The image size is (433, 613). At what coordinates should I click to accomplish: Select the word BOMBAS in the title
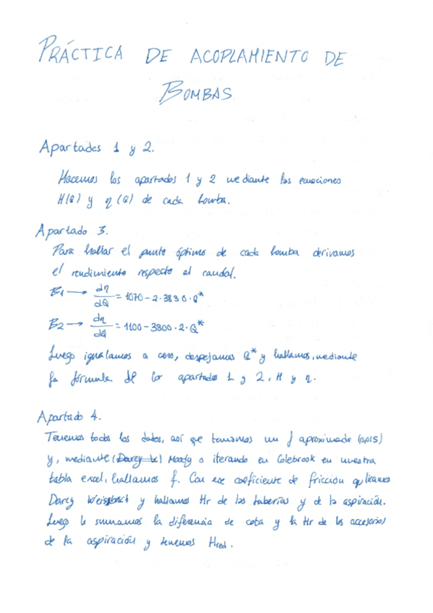pos(195,93)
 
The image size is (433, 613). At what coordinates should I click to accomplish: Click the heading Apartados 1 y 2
pos(95,148)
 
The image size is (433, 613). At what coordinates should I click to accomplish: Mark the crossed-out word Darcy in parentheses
pos(129,458)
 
